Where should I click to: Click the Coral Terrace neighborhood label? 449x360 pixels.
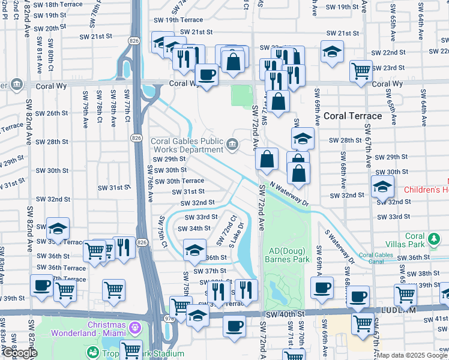(352, 116)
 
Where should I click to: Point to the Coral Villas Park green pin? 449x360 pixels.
(432, 241)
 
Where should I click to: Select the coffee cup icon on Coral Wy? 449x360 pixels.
(206, 76)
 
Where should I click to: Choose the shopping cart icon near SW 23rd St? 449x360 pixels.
(361, 71)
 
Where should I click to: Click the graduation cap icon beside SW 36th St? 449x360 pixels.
(194, 251)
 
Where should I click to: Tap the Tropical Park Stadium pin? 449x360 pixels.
(93, 353)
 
